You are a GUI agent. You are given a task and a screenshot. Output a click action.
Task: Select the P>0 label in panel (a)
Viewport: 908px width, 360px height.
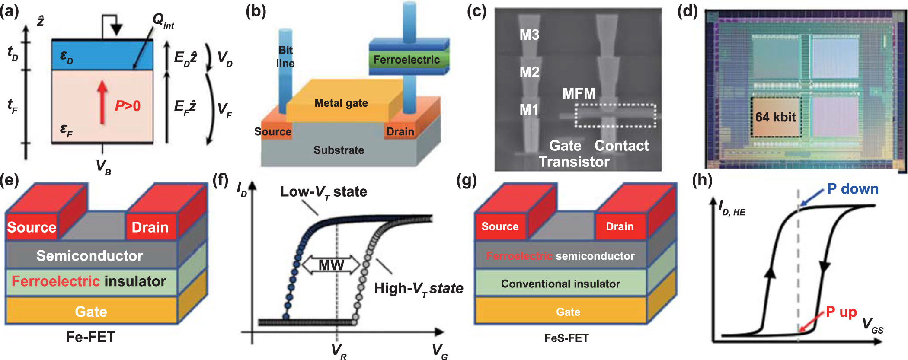[x=128, y=106]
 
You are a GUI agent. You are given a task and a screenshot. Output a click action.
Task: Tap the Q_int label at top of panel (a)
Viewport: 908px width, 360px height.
[x=163, y=21]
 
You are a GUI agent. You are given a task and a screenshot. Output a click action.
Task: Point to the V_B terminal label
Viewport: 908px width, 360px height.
[x=103, y=166]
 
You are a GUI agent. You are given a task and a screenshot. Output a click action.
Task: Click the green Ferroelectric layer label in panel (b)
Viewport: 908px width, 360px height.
[x=406, y=60]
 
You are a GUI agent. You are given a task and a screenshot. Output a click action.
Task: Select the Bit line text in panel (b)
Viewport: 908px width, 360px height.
[x=285, y=57]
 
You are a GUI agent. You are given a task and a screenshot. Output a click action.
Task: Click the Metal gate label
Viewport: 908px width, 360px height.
[x=341, y=103]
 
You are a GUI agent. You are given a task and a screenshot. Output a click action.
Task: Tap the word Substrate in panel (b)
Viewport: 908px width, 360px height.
[x=339, y=150]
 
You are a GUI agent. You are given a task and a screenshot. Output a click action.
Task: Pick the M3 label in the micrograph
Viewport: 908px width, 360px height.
[x=529, y=35]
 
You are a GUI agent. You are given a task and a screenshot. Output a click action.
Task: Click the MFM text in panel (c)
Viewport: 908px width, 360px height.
[x=579, y=93]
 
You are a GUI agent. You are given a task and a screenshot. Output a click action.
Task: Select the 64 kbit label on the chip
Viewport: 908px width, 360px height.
[x=775, y=117]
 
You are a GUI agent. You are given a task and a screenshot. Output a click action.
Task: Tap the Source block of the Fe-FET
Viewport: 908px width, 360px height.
[x=32, y=227]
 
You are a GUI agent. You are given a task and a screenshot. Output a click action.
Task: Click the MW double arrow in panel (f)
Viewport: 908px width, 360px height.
[x=331, y=265]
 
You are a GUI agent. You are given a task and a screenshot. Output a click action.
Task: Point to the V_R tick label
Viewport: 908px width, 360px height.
[x=339, y=351]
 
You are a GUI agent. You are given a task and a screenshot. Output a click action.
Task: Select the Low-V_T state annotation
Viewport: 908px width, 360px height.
[x=323, y=191]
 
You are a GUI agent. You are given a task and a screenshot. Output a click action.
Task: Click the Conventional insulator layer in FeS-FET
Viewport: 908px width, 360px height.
[x=560, y=284]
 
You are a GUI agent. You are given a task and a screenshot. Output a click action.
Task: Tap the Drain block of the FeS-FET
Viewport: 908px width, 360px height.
[x=619, y=226]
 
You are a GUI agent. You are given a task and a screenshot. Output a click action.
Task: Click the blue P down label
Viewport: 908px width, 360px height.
[x=853, y=189]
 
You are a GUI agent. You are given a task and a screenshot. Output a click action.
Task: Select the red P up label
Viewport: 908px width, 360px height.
[x=841, y=312]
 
